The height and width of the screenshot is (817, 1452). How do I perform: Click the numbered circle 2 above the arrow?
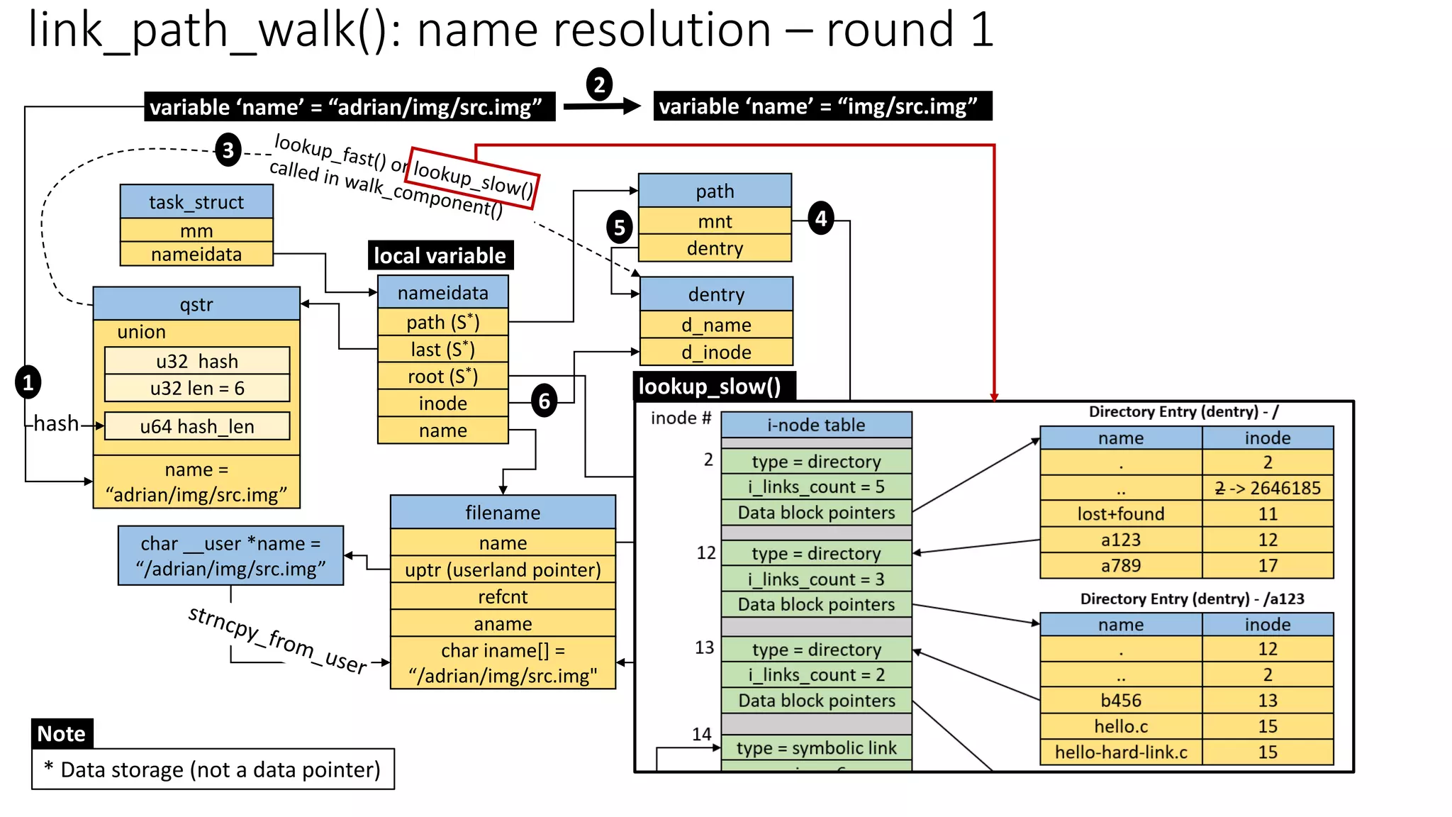coord(599,84)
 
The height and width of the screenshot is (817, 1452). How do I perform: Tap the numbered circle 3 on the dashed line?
coord(228,150)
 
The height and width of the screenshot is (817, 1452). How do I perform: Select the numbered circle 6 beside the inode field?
coord(544,401)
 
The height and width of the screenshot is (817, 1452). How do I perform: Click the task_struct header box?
coord(196,202)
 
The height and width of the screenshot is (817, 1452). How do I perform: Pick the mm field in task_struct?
coord(196,230)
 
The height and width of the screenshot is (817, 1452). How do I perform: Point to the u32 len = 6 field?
coord(197,388)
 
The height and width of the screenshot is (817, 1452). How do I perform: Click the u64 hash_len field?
coord(197,426)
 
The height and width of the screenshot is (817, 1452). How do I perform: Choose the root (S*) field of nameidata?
coord(442,376)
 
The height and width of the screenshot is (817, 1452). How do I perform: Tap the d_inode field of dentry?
coord(716,352)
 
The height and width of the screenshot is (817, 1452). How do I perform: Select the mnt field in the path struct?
coord(715,221)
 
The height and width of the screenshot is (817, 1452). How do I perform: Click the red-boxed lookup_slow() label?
coord(474,178)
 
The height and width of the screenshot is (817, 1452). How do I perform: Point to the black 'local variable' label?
coord(440,255)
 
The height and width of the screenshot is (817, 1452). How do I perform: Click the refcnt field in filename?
coord(503,596)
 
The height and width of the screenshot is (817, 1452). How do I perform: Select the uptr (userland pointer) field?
coord(503,569)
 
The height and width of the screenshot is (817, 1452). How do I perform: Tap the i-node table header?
coord(816,425)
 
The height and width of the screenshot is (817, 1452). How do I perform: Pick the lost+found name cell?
coord(1121,513)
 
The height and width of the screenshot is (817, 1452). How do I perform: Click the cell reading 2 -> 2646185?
coord(1268,488)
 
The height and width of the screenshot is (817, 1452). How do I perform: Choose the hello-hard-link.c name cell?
coord(1121,752)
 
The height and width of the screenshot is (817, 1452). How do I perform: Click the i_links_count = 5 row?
coord(816,487)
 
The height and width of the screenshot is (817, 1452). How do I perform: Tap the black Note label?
coord(62,733)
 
